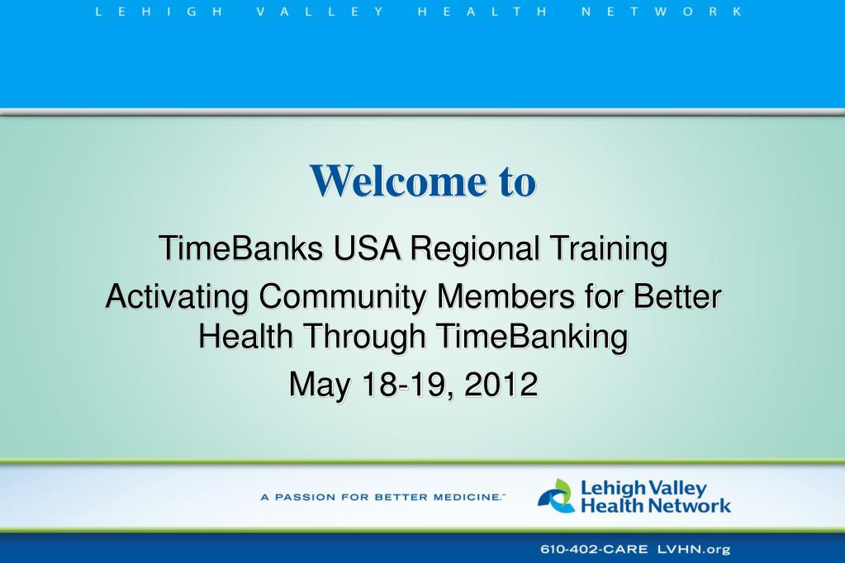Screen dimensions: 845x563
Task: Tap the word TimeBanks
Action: [x=241, y=248]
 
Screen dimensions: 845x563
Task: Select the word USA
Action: [x=367, y=248]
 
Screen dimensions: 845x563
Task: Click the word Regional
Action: [x=475, y=248]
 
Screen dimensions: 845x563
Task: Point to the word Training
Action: [x=609, y=248]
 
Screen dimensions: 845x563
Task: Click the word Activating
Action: [x=177, y=296]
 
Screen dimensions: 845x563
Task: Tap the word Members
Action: [x=506, y=296]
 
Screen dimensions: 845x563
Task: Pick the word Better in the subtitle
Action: [x=677, y=296]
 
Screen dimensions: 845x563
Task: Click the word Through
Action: [x=365, y=337]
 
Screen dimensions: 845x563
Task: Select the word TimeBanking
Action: [x=532, y=337]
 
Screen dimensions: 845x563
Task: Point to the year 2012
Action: [x=501, y=384]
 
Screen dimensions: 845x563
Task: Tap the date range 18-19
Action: [x=408, y=385]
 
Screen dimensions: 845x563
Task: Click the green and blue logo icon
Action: [x=556, y=495]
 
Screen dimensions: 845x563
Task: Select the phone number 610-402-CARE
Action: [x=593, y=550]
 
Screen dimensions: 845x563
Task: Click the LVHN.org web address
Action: [x=694, y=550]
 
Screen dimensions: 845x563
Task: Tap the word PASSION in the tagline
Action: [x=305, y=497]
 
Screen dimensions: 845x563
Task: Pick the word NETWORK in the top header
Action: [x=662, y=12]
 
